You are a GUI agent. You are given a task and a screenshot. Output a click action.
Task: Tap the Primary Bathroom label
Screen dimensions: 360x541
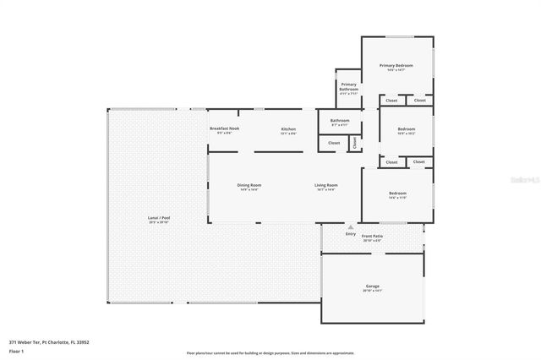pos(349,86)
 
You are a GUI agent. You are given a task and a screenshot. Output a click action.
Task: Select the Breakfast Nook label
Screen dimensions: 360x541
pos(225,128)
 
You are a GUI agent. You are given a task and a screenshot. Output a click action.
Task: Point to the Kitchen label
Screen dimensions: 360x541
pos(289,128)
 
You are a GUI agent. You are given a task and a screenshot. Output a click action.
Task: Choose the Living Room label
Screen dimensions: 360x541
pos(326,185)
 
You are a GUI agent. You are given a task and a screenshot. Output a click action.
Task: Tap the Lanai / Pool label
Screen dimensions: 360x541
pos(159,218)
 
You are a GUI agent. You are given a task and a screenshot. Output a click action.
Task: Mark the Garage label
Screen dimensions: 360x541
pos(372,286)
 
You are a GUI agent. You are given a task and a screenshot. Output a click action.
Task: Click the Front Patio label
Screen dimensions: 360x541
pos(372,236)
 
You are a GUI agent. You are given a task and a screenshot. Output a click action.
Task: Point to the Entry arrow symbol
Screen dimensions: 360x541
pos(351,226)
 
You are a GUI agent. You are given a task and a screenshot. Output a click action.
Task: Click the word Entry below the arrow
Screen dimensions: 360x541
pos(351,233)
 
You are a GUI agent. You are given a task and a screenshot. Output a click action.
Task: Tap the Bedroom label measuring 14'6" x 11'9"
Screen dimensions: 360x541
pos(397,194)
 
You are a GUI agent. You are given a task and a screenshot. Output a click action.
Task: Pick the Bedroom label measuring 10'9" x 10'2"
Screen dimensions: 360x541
pos(407,128)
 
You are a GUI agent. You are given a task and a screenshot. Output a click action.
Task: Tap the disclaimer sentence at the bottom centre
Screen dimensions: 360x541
pos(270,352)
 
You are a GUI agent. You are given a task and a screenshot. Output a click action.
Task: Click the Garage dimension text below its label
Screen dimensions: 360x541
pos(372,292)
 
